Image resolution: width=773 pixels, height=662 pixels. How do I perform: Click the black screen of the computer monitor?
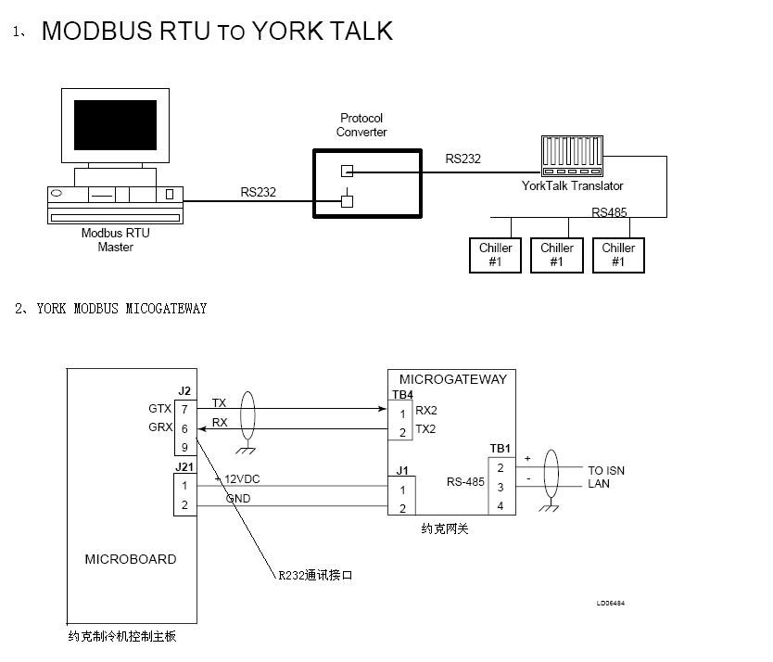coord(115,125)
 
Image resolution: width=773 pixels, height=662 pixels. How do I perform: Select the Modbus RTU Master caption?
coord(115,240)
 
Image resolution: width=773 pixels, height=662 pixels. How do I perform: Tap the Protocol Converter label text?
coord(361,125)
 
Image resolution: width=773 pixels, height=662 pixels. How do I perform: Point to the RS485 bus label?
coord(609,212)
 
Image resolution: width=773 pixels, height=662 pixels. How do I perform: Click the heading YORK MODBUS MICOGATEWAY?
coord(121,309)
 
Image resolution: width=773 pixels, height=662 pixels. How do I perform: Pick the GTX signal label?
coord(159,408)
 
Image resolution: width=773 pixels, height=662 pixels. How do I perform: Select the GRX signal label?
coord(159,428)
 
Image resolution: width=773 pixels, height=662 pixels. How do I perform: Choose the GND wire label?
coord(238,499)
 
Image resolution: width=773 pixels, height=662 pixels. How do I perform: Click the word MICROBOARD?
coord(131,559)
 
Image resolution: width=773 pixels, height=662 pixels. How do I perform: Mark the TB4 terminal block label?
coord(401,393)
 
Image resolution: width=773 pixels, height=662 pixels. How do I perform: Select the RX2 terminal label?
coord(425,410)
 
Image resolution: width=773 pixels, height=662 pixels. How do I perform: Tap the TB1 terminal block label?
coord(501,449)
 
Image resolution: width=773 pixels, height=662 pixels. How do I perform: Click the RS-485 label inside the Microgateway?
coord(465,481)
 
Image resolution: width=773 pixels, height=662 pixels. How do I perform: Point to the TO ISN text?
coord(606,470)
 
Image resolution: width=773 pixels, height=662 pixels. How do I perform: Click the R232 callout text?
coord(315,576)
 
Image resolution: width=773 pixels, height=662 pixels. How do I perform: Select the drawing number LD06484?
coord(610,604)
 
